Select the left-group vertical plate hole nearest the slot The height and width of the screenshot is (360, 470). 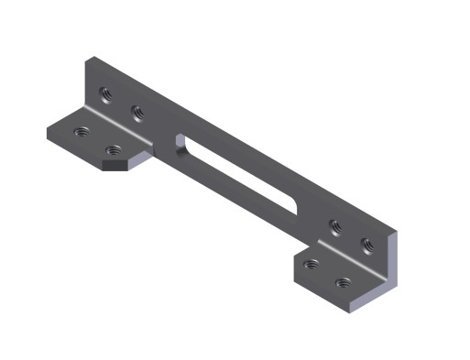(137, 113)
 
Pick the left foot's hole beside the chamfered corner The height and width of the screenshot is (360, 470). (113, 151)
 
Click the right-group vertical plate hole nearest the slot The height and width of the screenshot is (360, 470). (336, 224)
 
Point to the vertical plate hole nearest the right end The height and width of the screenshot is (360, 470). (366, 244)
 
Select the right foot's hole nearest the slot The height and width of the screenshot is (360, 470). (312, 265)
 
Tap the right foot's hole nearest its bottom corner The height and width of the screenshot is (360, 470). (343, 283)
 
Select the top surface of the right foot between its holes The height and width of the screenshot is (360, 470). (327, 274)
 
